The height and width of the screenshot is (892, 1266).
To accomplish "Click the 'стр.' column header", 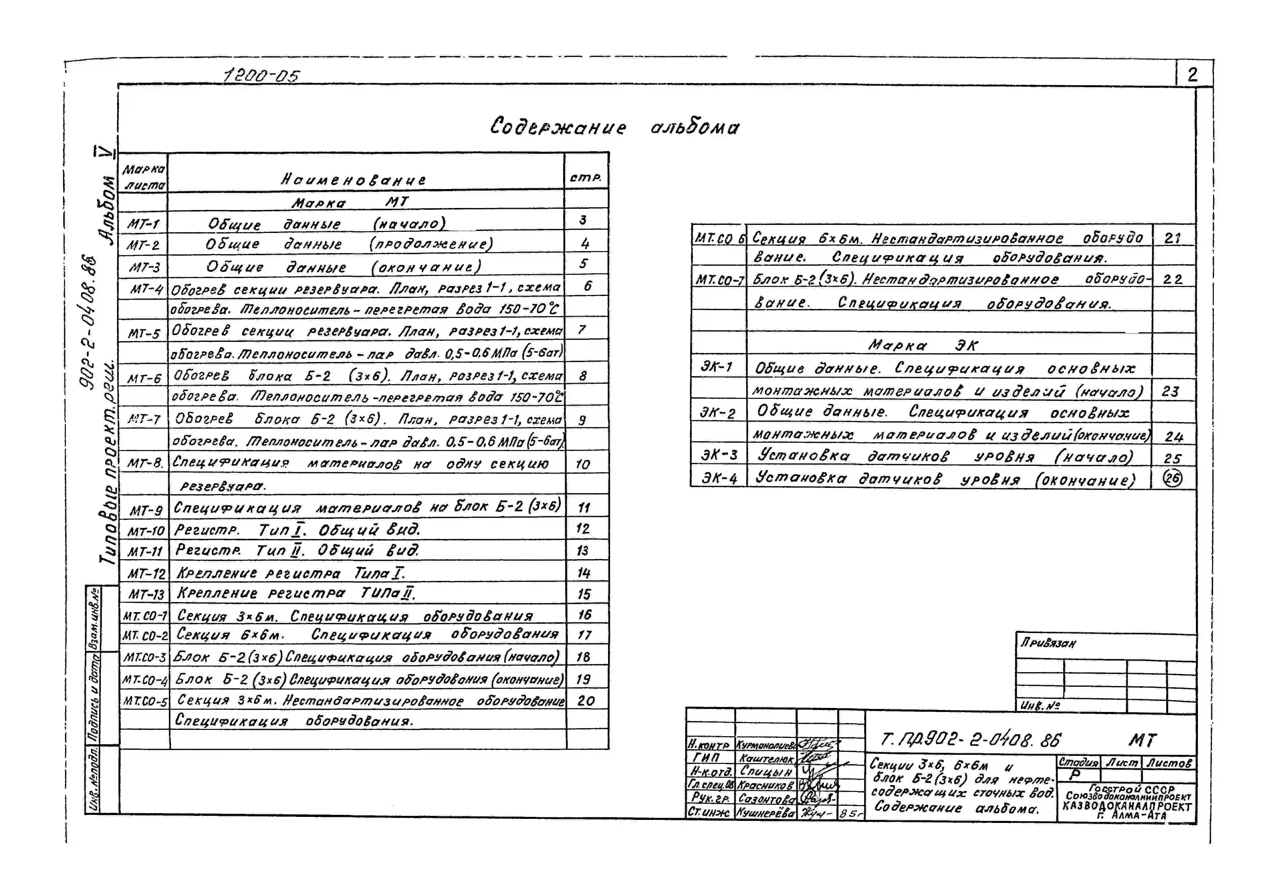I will tap(586, 177).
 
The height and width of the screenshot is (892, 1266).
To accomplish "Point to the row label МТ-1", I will tap(143, 224).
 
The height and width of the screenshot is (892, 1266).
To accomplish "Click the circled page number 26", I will tap(1172, 478).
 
